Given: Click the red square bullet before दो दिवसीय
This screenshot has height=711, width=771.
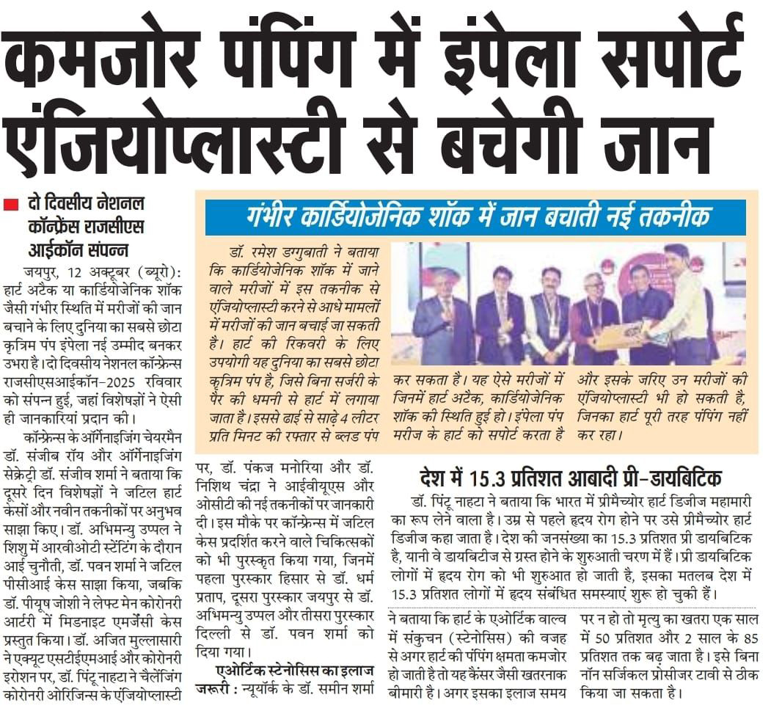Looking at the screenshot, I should point(10,205).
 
